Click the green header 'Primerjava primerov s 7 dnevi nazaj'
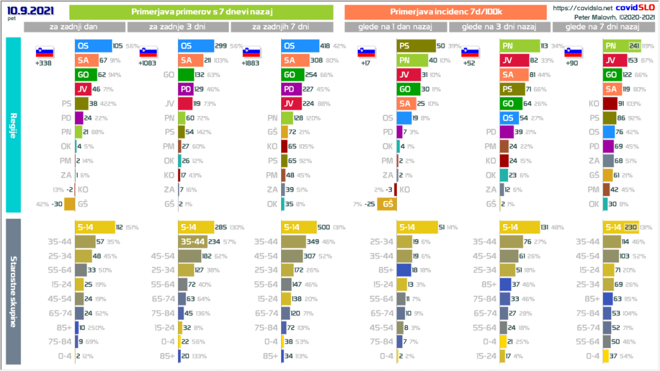[x=200, y=12]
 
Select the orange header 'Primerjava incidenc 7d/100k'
[x=445, y=12]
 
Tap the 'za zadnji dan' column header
[x=74, y=27]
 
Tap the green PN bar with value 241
[x=616, y=46]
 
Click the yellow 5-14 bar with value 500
[x=300, y=227]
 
